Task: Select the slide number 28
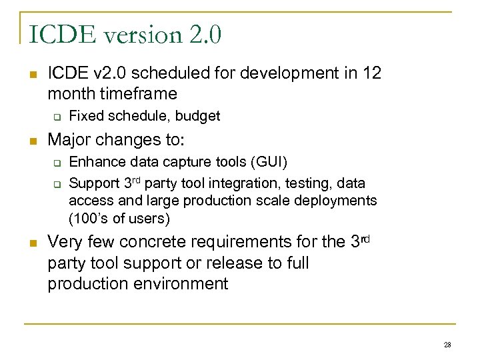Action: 447,344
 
